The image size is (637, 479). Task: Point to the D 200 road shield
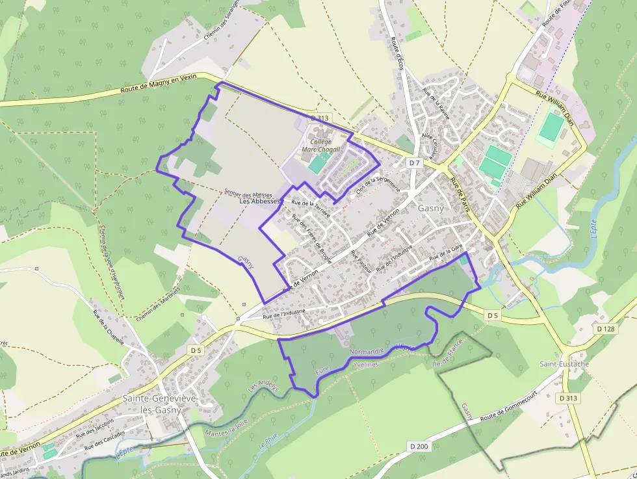click(x=420, y=446)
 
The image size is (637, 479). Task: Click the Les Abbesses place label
click(x=259, y=201)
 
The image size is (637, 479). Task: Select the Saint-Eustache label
click(x=564, y=364)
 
